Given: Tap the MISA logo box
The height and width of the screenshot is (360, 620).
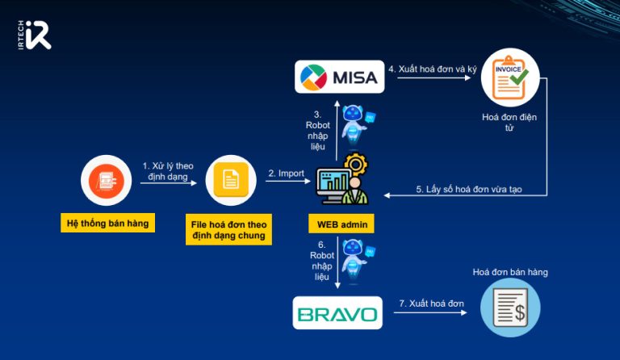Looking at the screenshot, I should [337, 77].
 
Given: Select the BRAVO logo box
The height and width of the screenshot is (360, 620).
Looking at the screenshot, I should [337, 313].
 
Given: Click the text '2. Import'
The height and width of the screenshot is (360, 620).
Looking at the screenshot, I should [286, 173].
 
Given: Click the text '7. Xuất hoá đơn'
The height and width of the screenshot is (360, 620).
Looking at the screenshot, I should [432, 303].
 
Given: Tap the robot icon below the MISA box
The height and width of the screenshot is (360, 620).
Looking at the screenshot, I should [355, 122].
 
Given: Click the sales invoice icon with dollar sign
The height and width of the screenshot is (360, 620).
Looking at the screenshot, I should [510, 308].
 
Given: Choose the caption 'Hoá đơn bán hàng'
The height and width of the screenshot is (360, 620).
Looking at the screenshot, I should [510, 272].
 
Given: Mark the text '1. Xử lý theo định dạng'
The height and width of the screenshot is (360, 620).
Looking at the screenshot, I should [167, 170].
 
